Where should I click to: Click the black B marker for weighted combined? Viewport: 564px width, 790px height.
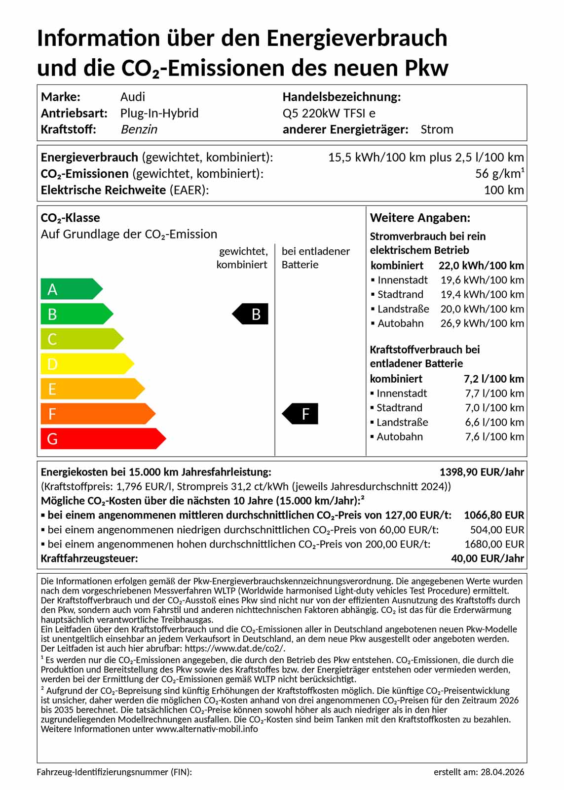point(251,314)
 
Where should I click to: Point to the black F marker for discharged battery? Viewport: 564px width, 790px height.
point(301,414)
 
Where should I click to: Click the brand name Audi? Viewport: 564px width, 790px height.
point(133,97)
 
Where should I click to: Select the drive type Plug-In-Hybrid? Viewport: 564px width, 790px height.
point(159,113)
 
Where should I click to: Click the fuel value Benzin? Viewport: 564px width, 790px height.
point(139,129)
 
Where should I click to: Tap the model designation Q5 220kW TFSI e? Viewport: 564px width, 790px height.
point(329,113)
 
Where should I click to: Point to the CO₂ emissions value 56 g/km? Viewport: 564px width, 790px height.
point(499,174)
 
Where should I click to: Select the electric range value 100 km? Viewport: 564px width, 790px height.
point(503,190)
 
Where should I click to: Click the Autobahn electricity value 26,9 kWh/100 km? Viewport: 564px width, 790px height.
point(482,323)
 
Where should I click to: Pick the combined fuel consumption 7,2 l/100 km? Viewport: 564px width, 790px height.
point(493,379)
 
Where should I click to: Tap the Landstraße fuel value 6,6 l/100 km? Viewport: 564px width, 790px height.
point(494,422)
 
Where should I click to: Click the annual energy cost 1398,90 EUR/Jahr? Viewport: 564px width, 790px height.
point(482,472)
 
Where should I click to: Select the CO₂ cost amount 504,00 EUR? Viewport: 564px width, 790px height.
point(497,530)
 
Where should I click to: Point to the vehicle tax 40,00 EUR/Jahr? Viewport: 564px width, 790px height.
point(487,558)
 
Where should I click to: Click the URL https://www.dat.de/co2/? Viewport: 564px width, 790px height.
point(234,648)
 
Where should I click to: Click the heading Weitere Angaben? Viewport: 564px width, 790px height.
point(420,218)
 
